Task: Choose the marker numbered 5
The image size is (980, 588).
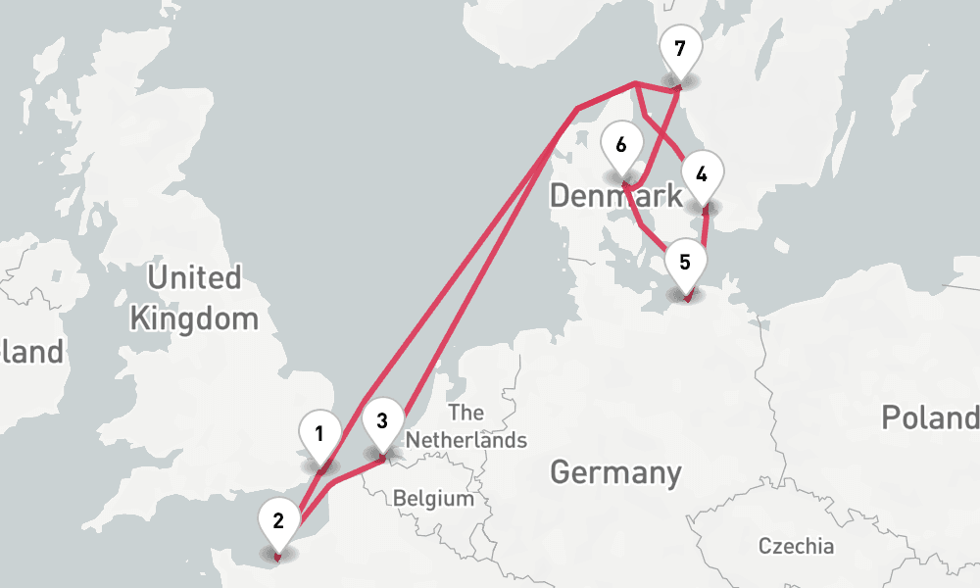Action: coord(685,264)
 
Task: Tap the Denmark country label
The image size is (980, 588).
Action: coord(615,195)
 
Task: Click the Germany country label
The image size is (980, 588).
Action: coord(615,472)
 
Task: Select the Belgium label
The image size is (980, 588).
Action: coord(433,499)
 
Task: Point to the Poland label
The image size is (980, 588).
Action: coord(929,417)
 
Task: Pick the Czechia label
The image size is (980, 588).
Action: coord(796,546)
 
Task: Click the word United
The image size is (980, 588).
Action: coord(194,278)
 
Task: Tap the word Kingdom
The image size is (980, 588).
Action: coord(194,318)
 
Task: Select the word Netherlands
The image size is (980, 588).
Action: coord(466,440)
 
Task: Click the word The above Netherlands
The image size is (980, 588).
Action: coord(465,413)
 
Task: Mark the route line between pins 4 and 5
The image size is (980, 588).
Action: coord(705,227)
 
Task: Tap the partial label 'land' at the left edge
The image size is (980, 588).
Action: coord(29,351)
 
